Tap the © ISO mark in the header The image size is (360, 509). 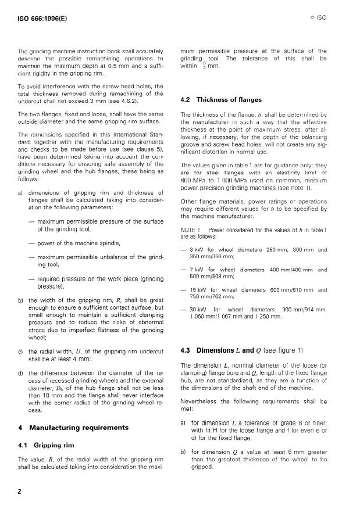(316, 18)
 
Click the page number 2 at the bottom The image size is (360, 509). (19, 491)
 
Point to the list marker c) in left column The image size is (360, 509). (20, 352)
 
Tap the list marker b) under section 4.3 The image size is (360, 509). (183, 451)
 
